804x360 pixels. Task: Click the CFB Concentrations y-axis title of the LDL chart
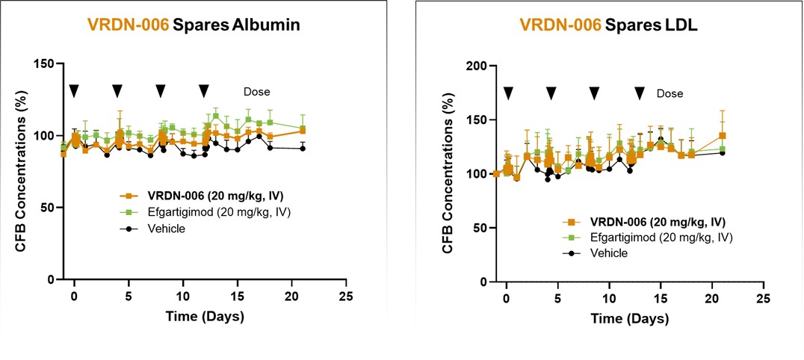(448, 175)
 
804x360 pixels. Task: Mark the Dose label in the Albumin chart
(256, 92)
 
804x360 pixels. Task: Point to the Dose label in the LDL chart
(670, 93)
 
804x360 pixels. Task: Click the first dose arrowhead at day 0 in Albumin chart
(74, 90)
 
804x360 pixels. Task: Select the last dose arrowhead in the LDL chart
(640, 93)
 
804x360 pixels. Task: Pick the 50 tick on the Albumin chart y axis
(49, 208)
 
